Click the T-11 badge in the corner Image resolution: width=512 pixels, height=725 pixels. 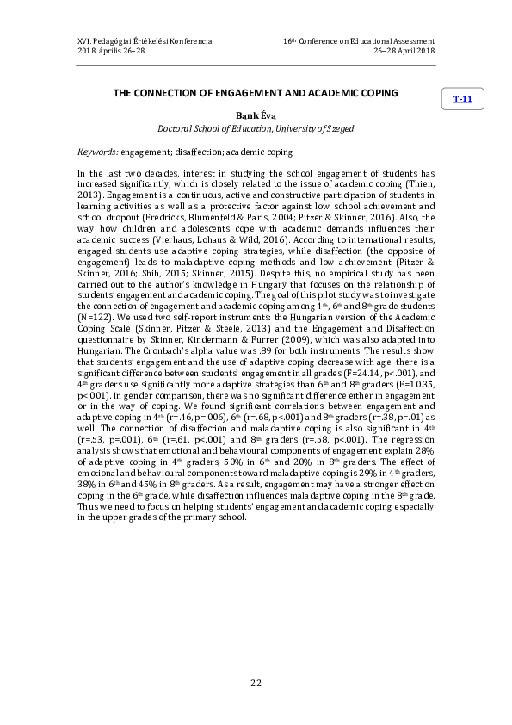click(x=463, y=99)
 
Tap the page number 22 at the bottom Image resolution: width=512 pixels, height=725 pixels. click(x=256, y=683)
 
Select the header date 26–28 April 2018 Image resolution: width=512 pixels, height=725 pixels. click(x=404, y=52)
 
